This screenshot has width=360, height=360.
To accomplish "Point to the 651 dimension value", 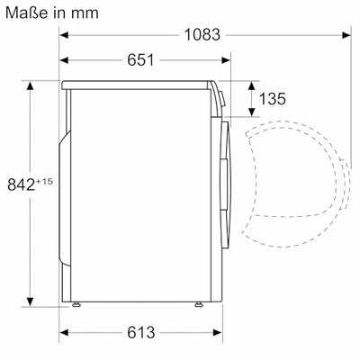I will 139,60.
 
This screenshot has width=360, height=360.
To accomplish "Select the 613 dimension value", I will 139,333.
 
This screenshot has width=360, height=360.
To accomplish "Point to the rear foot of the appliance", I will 78,305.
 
